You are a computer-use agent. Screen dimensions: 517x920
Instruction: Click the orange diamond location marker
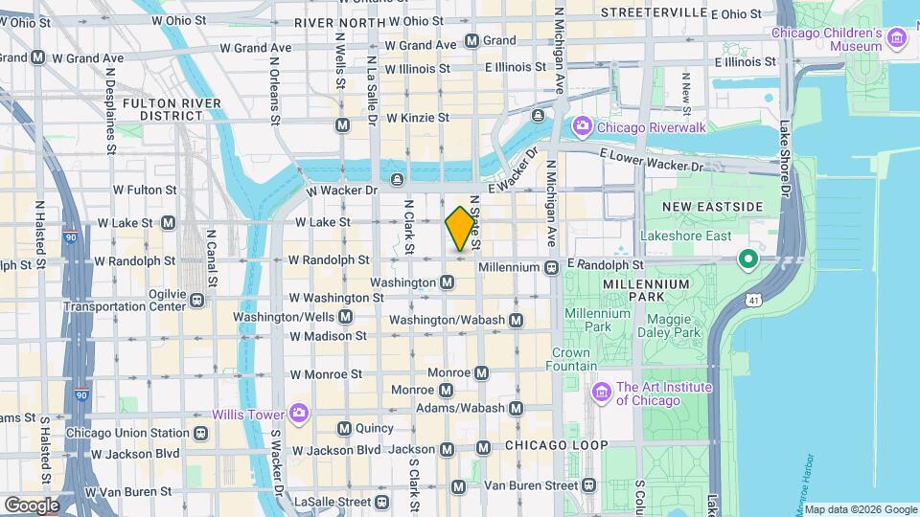(461, 229)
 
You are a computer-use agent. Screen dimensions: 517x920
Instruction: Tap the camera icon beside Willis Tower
(299, 414)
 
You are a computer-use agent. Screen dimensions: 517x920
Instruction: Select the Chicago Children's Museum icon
(897, 37)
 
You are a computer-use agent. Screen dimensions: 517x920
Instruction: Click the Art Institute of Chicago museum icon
(602, 392)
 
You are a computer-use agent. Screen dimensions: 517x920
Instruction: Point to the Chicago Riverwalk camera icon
(582, 126)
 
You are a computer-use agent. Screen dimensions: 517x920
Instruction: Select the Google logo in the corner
(32, 505)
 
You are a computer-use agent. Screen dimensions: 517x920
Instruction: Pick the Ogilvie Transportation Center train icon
(197, 300)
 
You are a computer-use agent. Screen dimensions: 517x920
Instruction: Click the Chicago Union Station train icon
(199, 433)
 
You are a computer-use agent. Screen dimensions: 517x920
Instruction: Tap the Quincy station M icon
(344, 428)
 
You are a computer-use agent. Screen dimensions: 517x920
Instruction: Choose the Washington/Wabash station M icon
(517, 320)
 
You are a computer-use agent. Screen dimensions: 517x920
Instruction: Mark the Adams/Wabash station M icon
(517, 409)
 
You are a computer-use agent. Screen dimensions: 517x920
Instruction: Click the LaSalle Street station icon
(382, 501)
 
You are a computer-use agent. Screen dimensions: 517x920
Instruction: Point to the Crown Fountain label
(572, 359)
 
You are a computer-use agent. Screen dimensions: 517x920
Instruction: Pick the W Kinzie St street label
(417, 117)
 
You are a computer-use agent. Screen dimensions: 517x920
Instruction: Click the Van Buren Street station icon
(458, 487)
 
